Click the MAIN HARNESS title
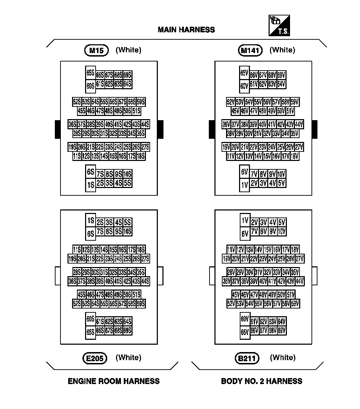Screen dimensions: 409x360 pos(186,30)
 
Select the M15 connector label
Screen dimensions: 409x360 pos(96,50)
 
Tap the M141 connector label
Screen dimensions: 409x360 pos(250,50)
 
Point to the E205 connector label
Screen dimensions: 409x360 pos(95,358)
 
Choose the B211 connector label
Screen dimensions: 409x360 pos(247,358)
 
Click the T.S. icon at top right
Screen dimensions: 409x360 pos(279,25)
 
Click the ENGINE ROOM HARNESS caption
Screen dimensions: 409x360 pos(114,381)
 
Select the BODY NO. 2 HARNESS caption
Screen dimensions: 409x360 pos(262,381)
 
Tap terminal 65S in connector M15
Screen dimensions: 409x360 pos(91,73)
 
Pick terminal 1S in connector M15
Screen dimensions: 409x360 pos(91,185)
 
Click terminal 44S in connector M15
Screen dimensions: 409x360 pos(145,124)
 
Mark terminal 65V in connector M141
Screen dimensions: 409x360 pos(244,73)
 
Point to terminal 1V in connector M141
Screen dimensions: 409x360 pos(244,185)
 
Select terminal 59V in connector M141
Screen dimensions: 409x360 pos(295,102)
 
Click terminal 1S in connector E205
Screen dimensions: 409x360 pos(91,220)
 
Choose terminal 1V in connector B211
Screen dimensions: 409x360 pos(245,220)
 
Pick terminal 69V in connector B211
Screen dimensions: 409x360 pos(281,331)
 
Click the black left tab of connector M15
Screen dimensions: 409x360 pos(58,129)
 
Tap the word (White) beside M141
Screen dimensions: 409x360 pos(282,50)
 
